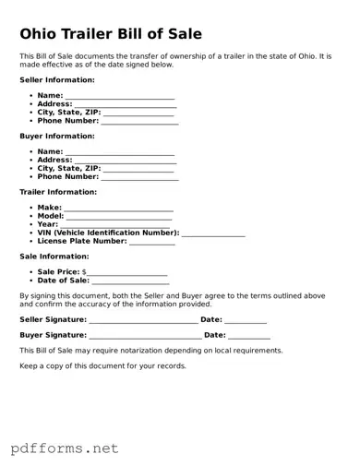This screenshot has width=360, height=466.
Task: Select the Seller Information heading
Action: click(x=57, y=80)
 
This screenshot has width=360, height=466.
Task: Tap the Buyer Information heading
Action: click(x=56, y=136)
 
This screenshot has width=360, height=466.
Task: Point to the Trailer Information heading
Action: click(x=58, y=192)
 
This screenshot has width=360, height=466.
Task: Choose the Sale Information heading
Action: click(x=54, y=256)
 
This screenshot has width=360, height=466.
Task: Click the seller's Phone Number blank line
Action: click(x=139, y=121)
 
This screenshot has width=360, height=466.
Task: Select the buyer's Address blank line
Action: click(x=125, y=161)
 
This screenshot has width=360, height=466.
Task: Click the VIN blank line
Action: click(x=213, y=233)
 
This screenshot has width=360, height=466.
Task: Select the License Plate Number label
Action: click(x=81, y=241)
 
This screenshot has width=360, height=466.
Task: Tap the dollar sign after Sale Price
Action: click(x=84, y=272)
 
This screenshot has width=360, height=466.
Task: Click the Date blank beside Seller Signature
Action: click(x=246, y=320)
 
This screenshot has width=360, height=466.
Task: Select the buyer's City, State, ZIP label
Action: click(x=68, y=169)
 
